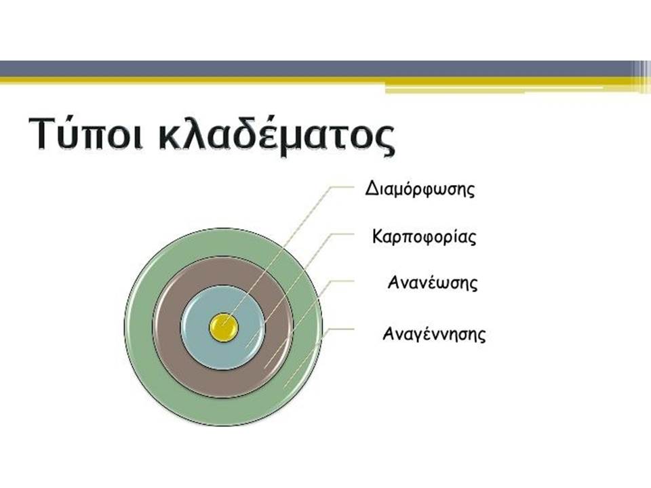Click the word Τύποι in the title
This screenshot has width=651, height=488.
coord(86,134)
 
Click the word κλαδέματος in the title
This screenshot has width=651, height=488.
coord(277,134)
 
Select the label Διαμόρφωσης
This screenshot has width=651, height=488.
coord(420,189)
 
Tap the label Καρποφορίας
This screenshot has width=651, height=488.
coord(424,237)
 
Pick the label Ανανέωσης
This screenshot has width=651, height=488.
coord(433,283)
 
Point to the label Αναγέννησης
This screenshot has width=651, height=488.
coord(434,334)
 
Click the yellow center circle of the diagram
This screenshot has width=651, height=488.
coord(223,327)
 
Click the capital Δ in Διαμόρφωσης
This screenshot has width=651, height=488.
coord(371,188)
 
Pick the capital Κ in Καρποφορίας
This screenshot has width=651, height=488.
coord(378,236)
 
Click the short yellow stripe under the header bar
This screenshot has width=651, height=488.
coord(494,89)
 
